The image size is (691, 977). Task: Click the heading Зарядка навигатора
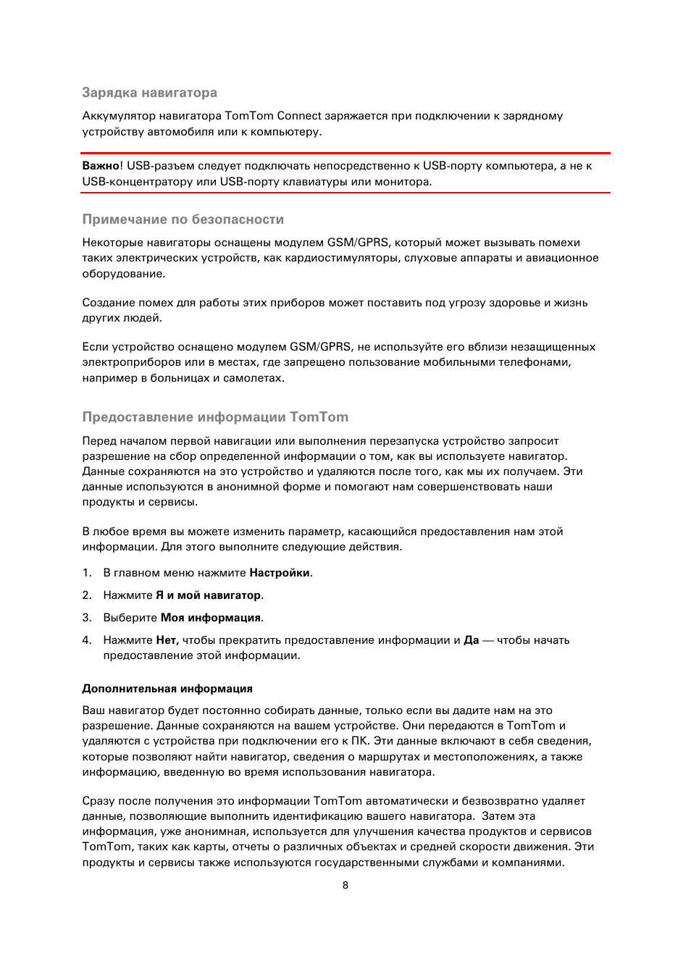(149, 93)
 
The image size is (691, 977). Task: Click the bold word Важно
(101, 166)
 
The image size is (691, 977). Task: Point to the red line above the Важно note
(345, 154)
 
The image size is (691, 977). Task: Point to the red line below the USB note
(345, 193)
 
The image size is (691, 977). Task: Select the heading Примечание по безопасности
(183, 219)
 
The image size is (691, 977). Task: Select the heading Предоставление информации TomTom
(215, 417)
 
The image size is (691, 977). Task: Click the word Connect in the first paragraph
(299, 116)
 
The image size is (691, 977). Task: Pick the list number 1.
(86, 573)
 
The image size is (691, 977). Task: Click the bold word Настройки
(280, 573)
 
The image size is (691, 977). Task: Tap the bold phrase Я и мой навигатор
(209, 595)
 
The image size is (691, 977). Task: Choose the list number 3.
(86, 618)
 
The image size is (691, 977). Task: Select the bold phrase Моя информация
(210, 618)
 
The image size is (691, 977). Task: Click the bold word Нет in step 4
(167, 640)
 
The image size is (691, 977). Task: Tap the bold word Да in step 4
(471, 640)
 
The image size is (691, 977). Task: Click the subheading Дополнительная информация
(167, 689)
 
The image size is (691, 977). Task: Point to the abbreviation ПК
(359, 741)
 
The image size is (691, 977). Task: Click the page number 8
(345, 885)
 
